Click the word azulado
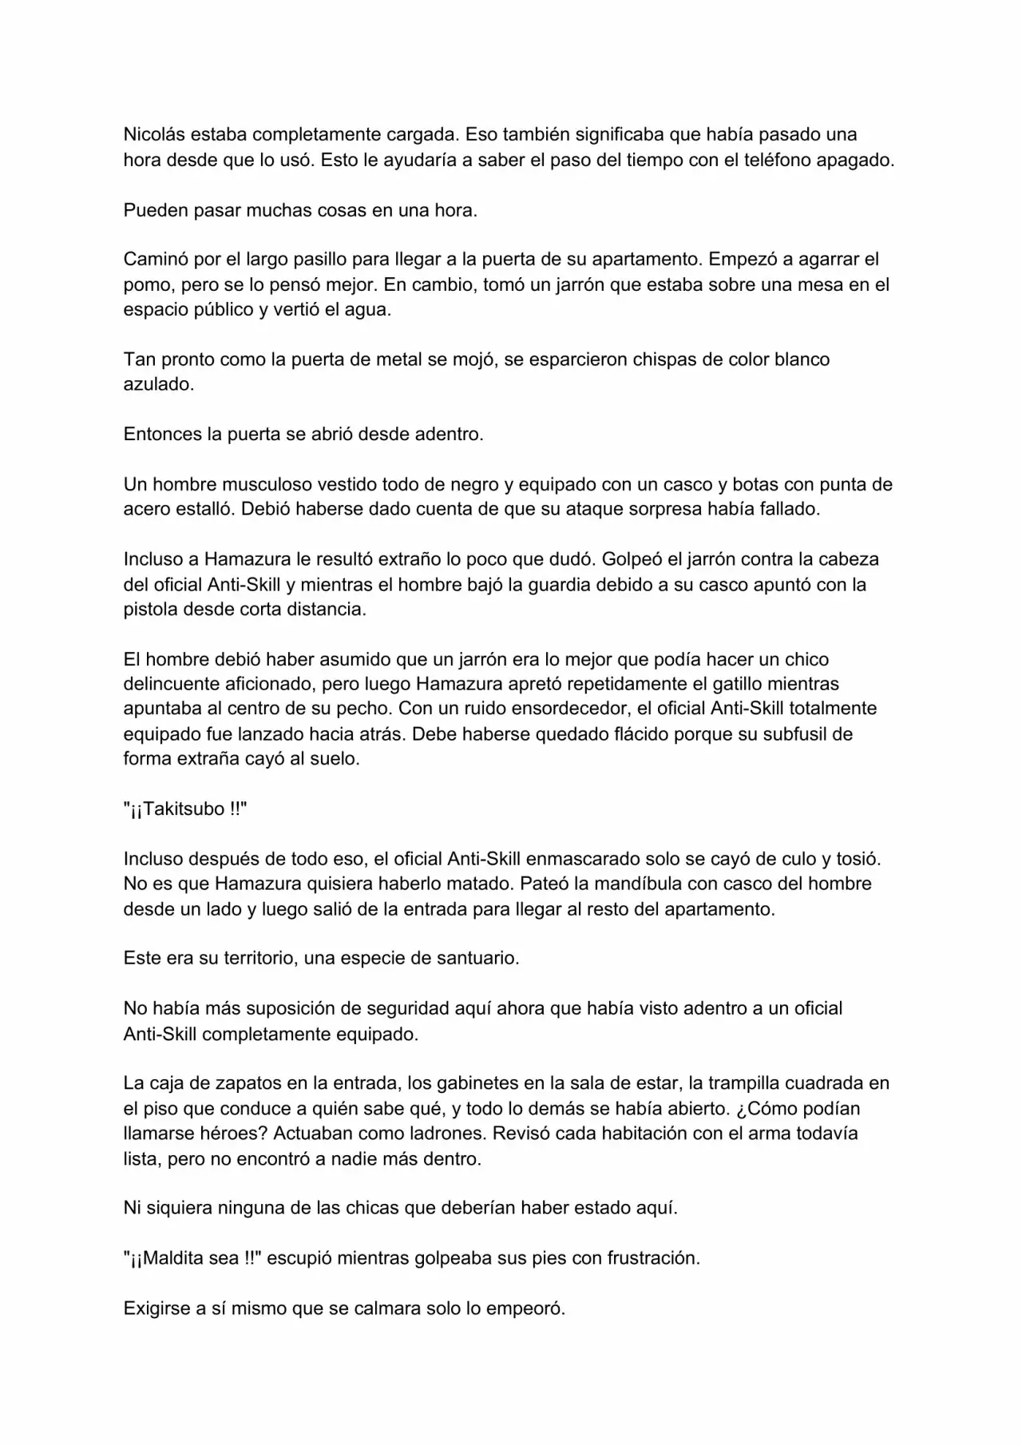pos(157,384)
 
